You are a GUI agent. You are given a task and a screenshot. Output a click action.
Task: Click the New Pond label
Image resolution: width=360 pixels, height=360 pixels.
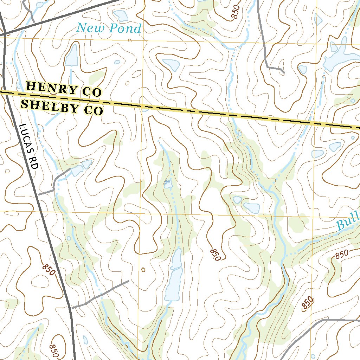(x=109, y=28)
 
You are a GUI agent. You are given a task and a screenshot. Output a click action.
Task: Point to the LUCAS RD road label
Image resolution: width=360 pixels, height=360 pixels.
(x=28, y=147)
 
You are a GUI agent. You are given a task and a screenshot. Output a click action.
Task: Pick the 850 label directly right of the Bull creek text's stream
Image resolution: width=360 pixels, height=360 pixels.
(x=341, y=253)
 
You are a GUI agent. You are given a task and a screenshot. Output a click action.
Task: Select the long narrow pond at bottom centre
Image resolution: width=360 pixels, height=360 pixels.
(x=174, y=278)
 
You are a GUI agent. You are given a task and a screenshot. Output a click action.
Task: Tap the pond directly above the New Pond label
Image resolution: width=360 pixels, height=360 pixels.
(x=121, y=15)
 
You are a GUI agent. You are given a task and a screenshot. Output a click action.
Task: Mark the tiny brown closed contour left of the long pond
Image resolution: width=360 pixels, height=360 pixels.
(x=143, y=270)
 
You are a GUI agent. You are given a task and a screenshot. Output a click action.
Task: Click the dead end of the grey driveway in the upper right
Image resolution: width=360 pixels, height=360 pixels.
(x=284, y=72)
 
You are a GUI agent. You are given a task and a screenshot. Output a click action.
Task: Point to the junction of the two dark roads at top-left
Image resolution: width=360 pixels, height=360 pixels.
(x=5, y=34)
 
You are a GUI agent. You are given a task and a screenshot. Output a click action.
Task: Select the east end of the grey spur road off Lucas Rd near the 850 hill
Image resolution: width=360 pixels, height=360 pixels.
(x=128, y=281)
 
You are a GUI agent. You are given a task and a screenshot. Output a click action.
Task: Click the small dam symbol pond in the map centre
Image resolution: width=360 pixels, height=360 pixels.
(x=168, y=184)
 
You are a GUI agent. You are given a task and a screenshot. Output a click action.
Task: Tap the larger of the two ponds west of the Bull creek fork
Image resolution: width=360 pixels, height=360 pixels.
(x=251, y=208)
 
